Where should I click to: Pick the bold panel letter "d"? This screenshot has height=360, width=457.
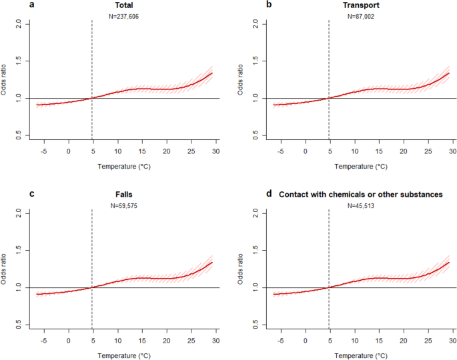(x=269, y=195)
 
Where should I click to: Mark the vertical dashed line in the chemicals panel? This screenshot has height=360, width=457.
(x=329, y=253)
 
